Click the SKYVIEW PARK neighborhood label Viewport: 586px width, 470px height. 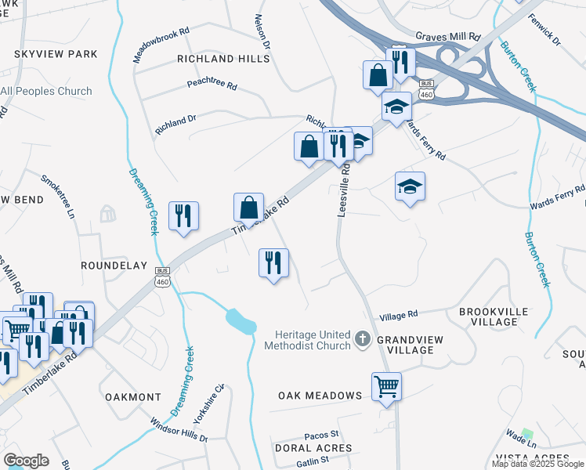coord(55,54)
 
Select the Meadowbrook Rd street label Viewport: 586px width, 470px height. coord(162,46)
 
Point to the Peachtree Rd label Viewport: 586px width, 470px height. coord(212,85)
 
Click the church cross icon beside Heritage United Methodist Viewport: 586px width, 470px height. coord(361,338)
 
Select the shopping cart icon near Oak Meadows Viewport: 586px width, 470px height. coord(387,385)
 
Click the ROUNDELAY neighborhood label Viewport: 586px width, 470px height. coord(114,266)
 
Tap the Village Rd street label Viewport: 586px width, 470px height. coord(399,316)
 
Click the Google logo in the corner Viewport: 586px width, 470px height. coord(26,461)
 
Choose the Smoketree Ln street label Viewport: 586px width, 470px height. coord(62,197)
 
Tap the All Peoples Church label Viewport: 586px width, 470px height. coord(46,92)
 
